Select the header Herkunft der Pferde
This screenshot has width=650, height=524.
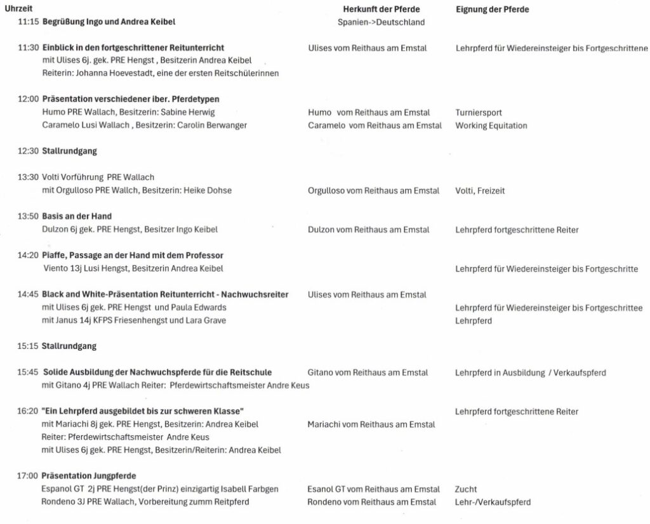(x=381, y=10)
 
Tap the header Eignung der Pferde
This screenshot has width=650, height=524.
(x=492, y=10)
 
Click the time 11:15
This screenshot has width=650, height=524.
(x=29, y=22)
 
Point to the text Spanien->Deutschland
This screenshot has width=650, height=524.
(x=381, y=22)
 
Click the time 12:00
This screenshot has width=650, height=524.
(x=29, y=99)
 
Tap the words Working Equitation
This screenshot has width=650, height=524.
(x=491, y=126)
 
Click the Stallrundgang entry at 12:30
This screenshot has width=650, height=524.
(x=69, y=151)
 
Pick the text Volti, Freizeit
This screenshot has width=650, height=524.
(x=480, y=190)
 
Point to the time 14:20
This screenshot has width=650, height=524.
(x=29, y=256)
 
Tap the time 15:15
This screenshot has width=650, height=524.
(x=29, y=346)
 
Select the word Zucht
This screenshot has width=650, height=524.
(x=466, y=489)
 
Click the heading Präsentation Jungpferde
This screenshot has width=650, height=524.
(x=89, y=476)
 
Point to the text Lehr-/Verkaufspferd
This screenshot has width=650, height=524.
(x=493, y=502)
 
